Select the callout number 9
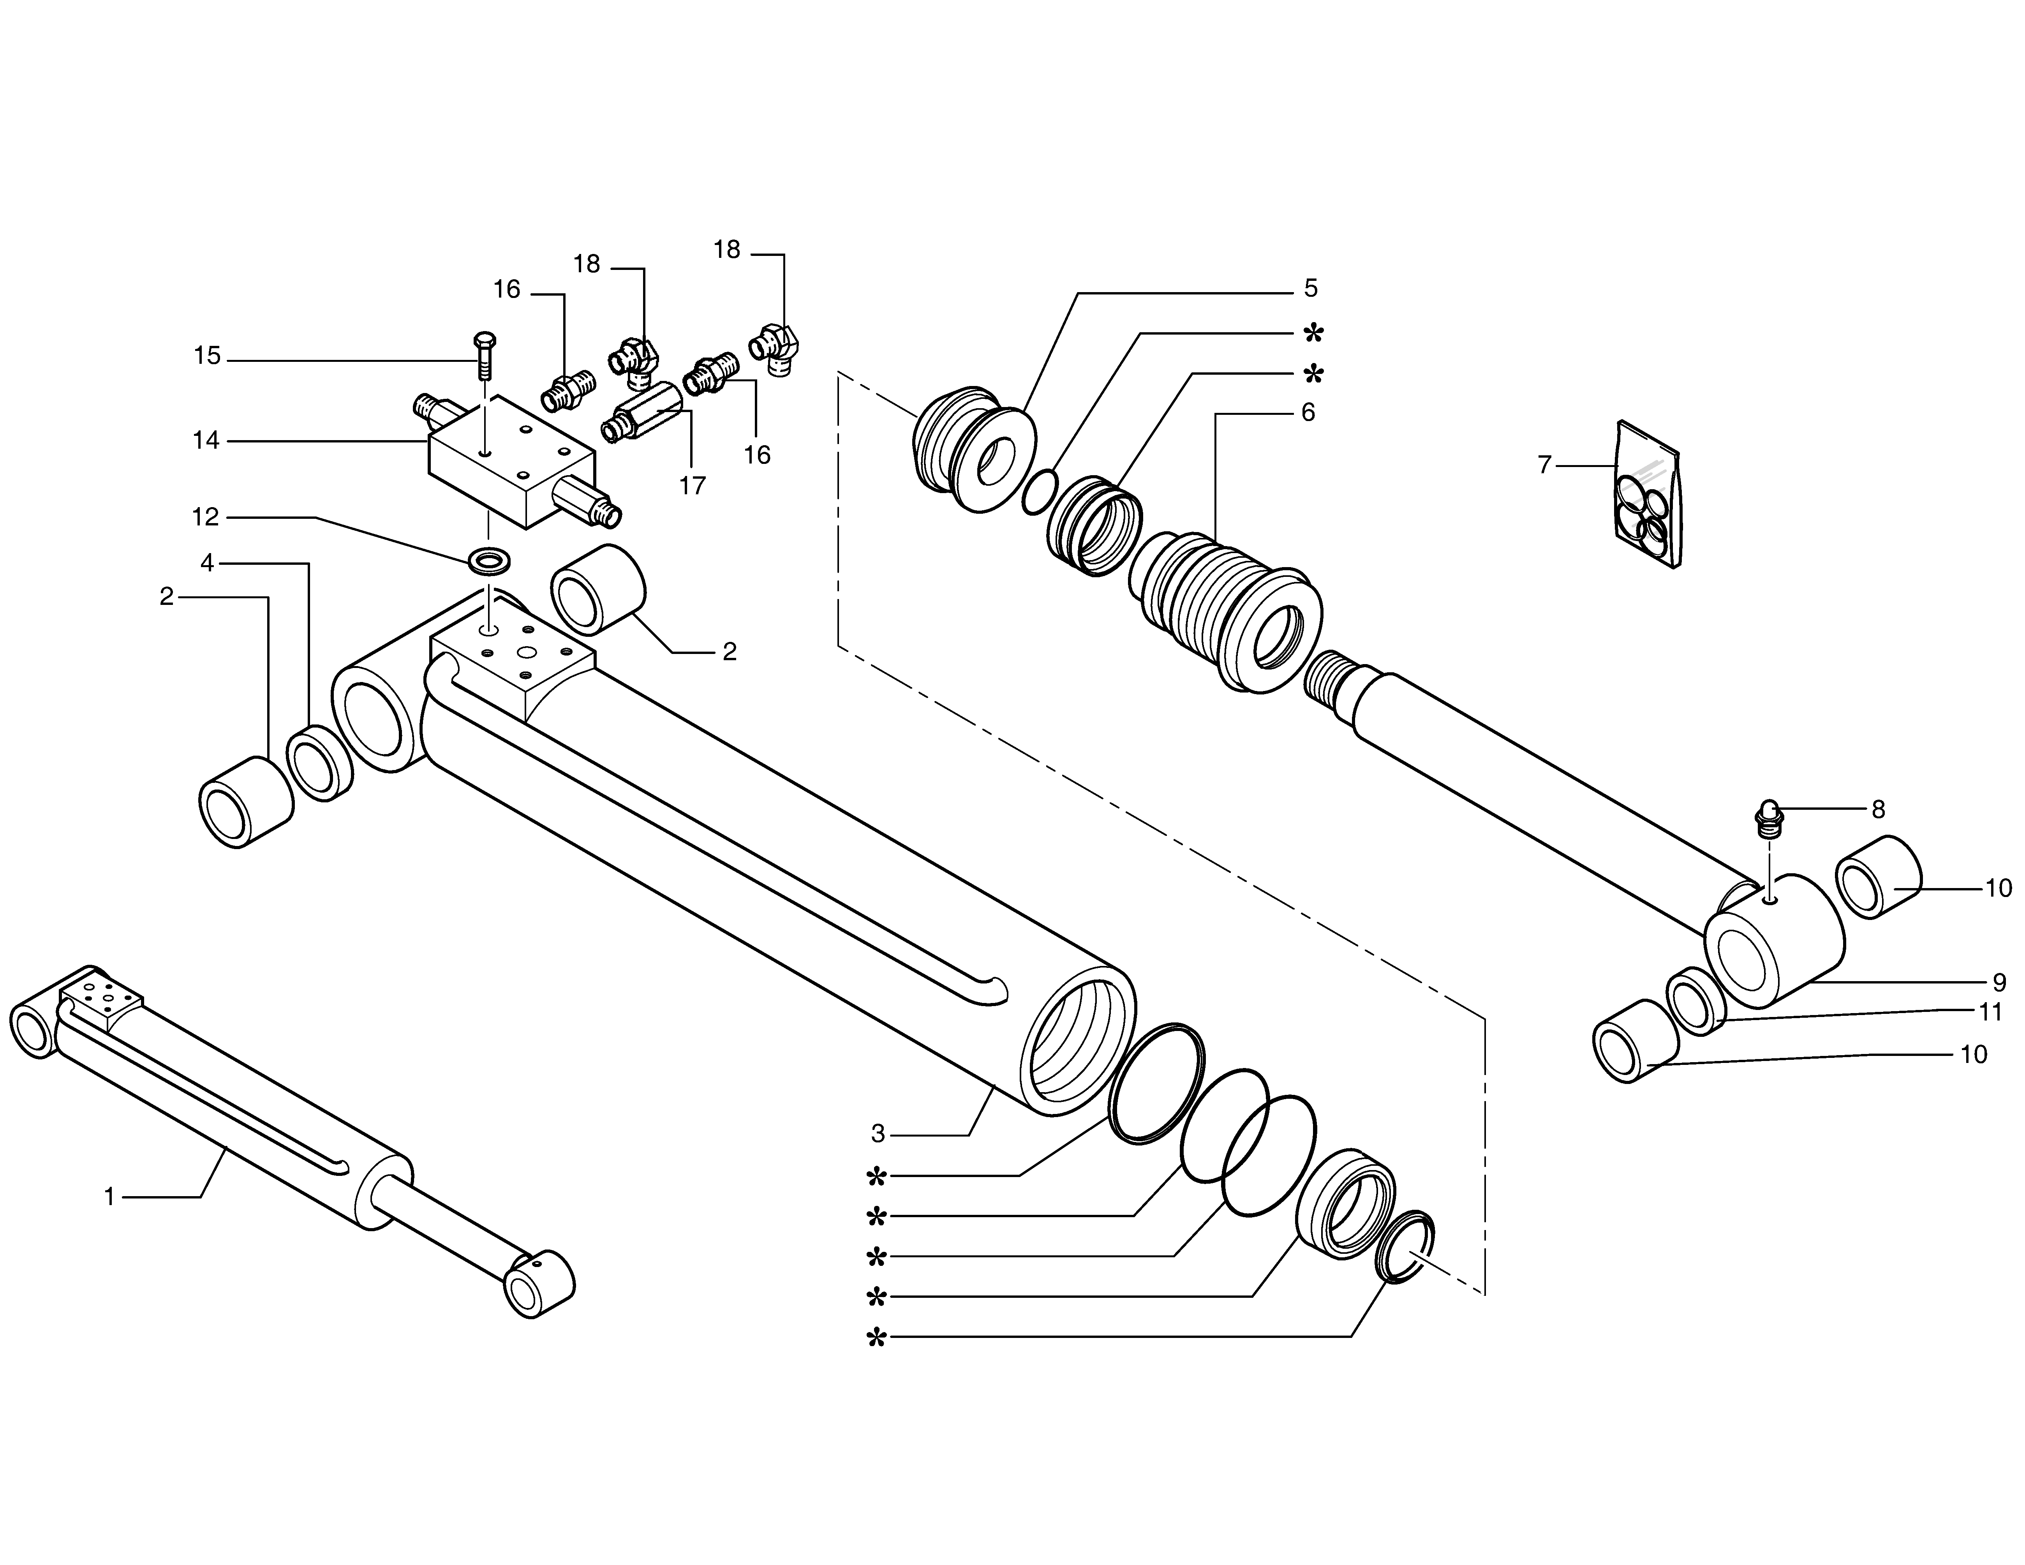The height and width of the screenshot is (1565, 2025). click(x=1999, y=982)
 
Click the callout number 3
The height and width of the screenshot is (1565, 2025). click(x=878, y=1133)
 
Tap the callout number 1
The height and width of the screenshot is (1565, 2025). click(x=109, y=1197)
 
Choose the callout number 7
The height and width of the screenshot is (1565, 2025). click(x=1544, y=465)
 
